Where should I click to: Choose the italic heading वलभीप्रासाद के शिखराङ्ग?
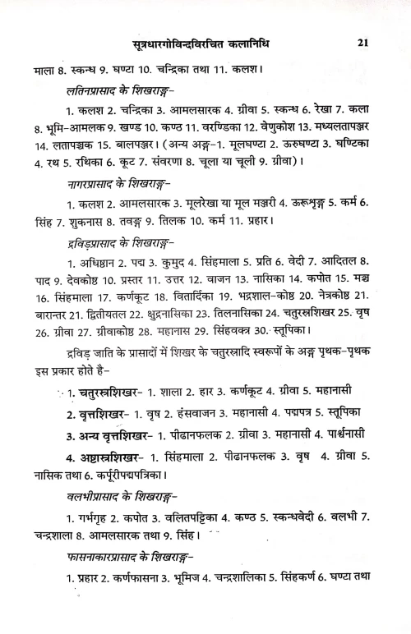click(120, 495)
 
